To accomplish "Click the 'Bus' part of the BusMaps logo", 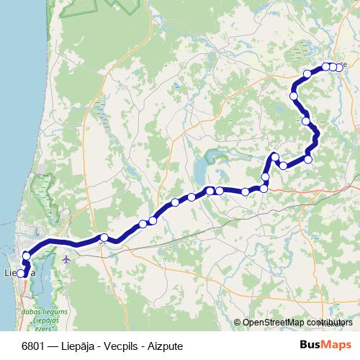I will pyautogui.click(x=310, y=344).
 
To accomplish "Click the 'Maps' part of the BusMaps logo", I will pyautogui.click(x=337, y=344).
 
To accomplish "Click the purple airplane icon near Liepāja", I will pyautogui.click(x=66, y=258).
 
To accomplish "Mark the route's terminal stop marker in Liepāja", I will pyautogui.click(x=22, y=274).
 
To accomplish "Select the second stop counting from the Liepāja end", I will pyautogui.click(x=24, y=264).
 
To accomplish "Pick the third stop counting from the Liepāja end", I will pyautogui.click(x=27, y=256).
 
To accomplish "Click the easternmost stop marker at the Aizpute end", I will pyautogui.click(x=338, y=67).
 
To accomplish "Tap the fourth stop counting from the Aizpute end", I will pyautogui.click(x=307, y=73).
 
